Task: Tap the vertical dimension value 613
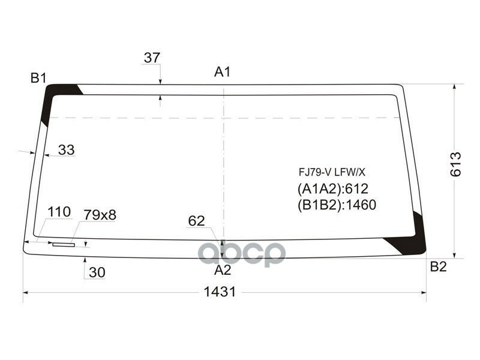(x=455, y=164)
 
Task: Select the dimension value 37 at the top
(x=152, y=58)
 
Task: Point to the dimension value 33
(x=67, y=150)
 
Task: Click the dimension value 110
(x=59, y=212)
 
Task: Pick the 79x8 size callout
(x=100, y=214)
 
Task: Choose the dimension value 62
(x=196, y=221)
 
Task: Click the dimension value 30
(x=97, y=272)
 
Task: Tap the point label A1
(x=223, y=72)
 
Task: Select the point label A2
(x=223, y=269)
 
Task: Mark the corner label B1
(x=39, y=77)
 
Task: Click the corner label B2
(x=438, y=268)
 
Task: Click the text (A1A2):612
(x=332, y=188)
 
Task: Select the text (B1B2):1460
(x=336, y=205)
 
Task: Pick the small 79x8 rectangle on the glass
(x=63, y=244)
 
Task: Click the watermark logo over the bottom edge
(x=242, y=253)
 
